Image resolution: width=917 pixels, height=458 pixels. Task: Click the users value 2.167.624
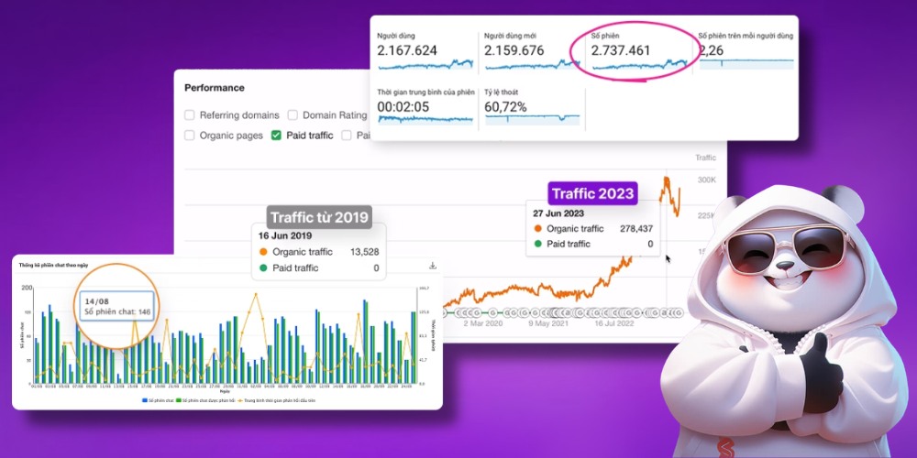[408, 51]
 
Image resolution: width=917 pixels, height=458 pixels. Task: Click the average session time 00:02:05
[404, 107]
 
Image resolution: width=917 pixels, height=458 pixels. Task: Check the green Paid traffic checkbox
[276, 136]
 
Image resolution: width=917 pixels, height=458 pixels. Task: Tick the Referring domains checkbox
[190, 115]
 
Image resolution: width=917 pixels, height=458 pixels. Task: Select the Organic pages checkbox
[190, 136]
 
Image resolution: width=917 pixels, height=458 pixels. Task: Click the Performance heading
[215, 88]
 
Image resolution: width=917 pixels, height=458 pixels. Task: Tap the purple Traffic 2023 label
[592, 193]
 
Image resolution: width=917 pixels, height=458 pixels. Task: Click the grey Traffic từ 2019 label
[320, 217]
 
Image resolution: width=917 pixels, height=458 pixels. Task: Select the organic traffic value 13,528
[363, 252]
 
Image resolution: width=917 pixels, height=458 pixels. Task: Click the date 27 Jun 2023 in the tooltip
[558, 213]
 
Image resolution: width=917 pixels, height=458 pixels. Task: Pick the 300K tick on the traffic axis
[706, 180]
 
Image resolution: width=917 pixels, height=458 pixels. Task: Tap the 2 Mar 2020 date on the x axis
[483, 322]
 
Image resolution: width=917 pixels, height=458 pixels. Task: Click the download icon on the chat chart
[432, 267]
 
